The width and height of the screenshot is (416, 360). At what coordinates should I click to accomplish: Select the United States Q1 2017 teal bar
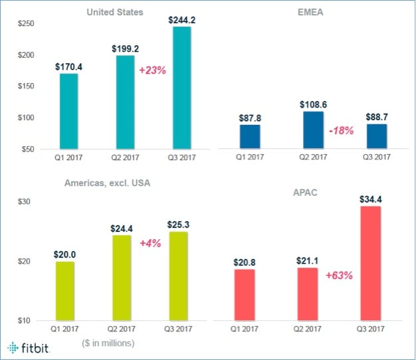68,111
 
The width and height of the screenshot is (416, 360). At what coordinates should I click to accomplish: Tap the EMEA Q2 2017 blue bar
313,130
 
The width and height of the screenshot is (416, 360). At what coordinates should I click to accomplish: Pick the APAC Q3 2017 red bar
370,263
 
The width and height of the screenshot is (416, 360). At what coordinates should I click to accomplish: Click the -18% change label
341,131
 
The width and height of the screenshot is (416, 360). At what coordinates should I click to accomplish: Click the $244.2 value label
182,19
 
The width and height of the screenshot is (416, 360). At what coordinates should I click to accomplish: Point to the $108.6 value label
313,104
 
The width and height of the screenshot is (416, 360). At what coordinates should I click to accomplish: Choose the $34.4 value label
370,198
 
